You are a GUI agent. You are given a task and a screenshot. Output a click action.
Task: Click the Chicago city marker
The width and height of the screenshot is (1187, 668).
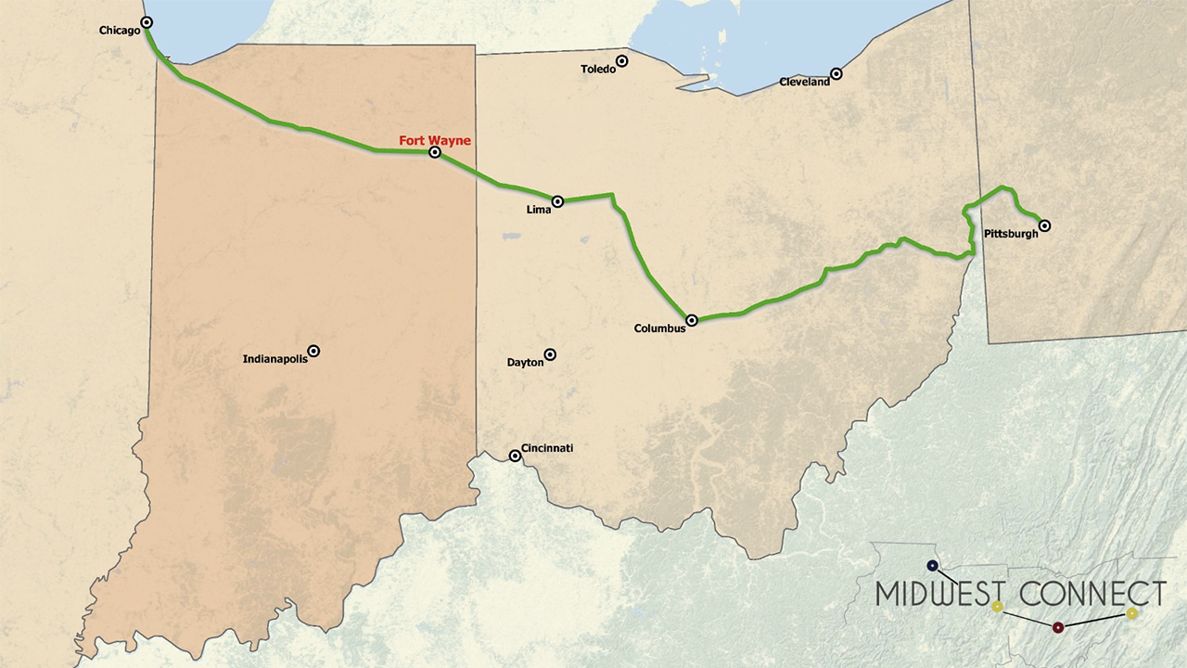tap(147, 22)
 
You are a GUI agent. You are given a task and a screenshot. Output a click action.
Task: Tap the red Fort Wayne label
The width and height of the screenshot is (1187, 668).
tap(435, 141)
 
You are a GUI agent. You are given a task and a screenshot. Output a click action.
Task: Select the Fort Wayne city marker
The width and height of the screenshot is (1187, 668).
tap(435, 152)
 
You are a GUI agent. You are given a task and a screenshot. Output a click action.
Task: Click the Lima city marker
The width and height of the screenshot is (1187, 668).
tap(557, 201)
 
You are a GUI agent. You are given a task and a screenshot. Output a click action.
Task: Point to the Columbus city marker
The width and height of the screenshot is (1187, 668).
tap(692, 320)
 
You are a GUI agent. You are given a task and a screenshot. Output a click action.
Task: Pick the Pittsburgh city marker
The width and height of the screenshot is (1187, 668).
tap(1044, 225)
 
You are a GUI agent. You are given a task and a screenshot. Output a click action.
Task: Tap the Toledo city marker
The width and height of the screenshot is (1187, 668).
tap(622, 61)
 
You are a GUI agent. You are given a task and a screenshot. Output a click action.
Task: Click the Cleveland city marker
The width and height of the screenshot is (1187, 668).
tap(836, 73)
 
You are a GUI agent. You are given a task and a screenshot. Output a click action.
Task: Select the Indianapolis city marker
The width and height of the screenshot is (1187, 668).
tap(313, 351)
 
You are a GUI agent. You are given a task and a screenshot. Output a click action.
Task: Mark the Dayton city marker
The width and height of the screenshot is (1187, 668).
tap(550, 354)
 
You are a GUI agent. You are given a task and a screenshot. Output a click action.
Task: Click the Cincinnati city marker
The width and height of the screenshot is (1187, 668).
tap(515, 456)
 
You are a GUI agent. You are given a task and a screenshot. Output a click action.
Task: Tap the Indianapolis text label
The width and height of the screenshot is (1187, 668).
tap(274, 359)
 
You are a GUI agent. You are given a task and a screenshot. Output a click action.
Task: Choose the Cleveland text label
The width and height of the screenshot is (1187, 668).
tap(804, 83)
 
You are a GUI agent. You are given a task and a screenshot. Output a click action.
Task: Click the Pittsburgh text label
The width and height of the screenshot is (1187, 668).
tap(1011, 234)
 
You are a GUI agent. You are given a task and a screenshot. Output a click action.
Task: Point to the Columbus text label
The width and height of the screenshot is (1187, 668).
tap(659, 328)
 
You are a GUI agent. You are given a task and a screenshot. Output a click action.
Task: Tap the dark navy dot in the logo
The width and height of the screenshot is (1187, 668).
tap(932, 565)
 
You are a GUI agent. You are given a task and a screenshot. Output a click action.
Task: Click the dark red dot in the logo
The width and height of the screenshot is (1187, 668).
tap(1058, 627)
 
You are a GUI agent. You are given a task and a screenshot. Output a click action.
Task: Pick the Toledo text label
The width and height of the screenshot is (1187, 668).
tap(598, 70)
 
